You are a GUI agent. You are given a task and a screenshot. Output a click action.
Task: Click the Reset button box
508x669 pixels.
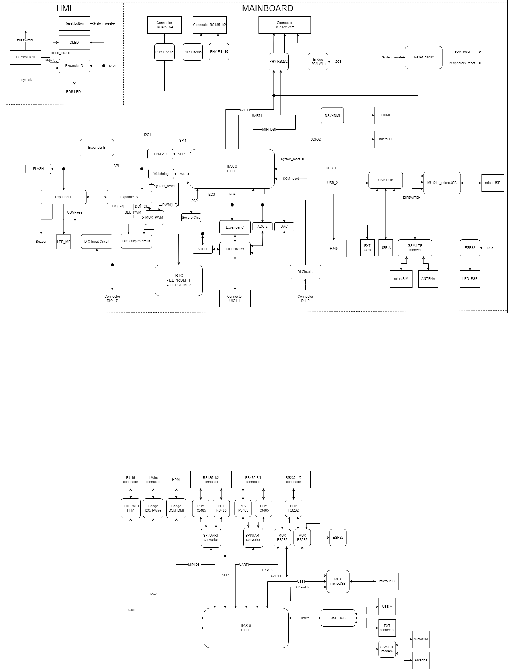point(74,24)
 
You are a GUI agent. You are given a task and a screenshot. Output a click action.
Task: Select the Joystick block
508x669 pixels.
point(25,80)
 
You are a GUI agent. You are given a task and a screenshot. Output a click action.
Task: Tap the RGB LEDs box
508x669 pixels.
point(74,92)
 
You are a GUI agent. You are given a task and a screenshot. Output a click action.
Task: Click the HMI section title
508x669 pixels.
point(64,8)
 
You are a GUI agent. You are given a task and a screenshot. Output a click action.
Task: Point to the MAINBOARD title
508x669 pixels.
point(267,8)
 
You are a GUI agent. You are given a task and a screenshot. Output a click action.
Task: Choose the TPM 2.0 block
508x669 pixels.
point(160,154)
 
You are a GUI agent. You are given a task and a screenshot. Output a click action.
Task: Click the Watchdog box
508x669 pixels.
point(161,174)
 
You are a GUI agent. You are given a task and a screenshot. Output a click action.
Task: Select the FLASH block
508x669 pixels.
point(38,169)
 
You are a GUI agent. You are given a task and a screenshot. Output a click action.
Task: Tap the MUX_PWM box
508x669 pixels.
point(154,218)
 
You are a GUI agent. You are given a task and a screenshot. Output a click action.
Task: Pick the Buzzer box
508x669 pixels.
point(41,242)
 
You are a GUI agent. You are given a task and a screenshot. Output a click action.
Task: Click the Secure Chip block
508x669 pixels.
point(191,218)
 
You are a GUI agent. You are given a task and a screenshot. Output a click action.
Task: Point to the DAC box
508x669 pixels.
point(284,227)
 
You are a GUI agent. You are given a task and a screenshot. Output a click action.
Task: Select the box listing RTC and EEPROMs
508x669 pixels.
point(178,280)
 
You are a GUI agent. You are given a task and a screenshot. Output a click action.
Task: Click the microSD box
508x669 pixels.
point(385,139)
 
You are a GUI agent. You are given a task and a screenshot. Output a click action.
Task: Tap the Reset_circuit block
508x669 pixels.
point(423,58)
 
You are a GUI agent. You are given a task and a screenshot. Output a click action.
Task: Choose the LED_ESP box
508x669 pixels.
point(470,279)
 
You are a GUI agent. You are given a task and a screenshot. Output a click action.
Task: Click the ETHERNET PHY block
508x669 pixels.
point(131,508)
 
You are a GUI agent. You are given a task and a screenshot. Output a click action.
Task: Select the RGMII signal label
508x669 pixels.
point(131,610)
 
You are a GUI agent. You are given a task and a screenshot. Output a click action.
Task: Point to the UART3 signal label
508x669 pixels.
point(267,570)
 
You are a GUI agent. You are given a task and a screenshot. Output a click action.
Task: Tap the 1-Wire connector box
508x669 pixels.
point(153,480)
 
